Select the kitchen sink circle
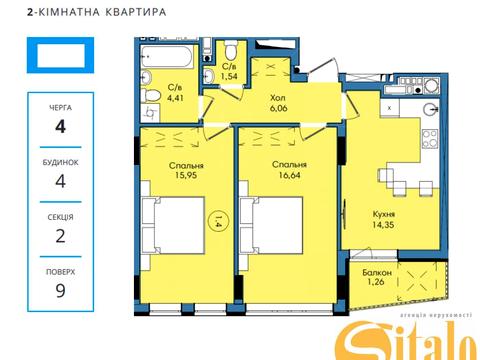click(x=429, y=110)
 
